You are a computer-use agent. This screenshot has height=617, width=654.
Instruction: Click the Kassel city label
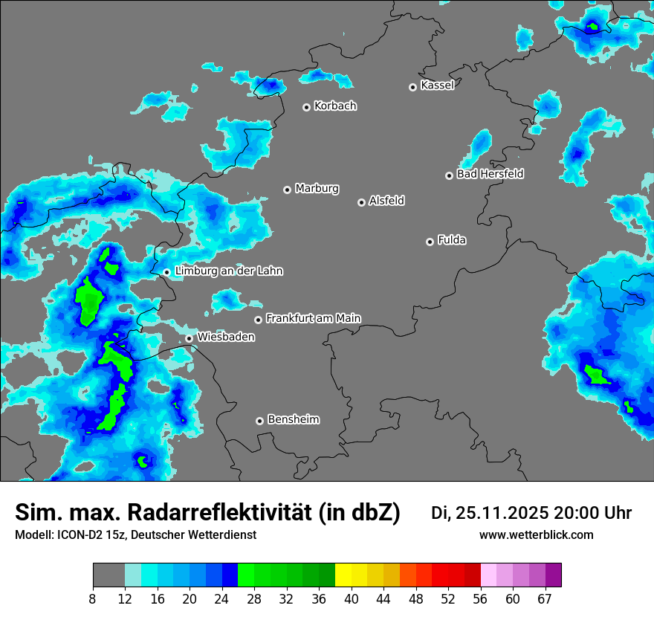point(437,85)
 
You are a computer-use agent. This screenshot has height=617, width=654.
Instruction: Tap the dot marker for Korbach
point(306,107)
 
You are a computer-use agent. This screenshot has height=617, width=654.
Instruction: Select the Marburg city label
point(317,189)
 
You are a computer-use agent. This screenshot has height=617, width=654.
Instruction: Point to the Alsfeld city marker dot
point(361,202)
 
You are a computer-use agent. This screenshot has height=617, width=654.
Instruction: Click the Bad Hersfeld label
point(490,174)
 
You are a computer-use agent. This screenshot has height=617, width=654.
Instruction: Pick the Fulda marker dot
point(430,242)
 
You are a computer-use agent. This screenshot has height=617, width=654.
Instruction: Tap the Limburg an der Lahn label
point(228,271)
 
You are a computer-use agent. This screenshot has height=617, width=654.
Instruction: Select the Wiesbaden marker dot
point(190,338)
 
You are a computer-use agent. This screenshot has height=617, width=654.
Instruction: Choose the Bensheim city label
point(293,420)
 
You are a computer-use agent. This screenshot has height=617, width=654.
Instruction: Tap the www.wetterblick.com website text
point(537,535)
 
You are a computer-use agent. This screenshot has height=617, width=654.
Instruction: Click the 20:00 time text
point(577,513)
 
